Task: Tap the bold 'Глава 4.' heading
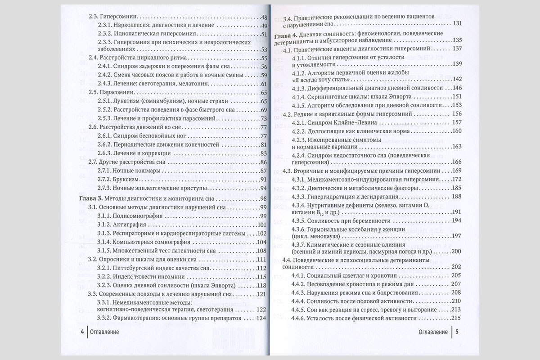[x=287, y=33]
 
